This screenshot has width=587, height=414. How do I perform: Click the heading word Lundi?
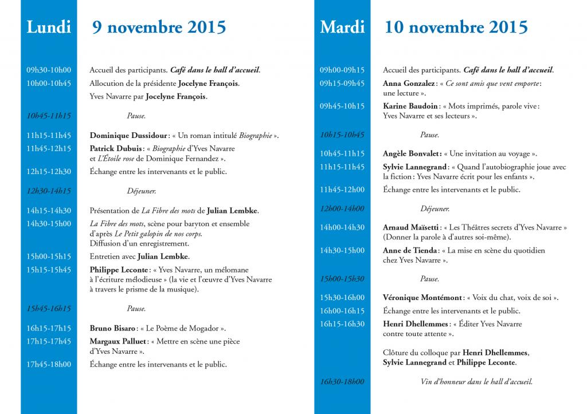pyautogui.click(x=49, y=27)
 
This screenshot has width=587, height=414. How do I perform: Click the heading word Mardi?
pyautogui.click(x=342, y=27)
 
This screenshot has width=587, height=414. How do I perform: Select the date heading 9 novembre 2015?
pyautogui.click(x=159, y=27)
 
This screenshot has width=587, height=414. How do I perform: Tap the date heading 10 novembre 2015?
pyautogui.click(x=456, y=27)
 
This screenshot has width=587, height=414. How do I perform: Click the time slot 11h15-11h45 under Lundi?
pyautogui.click(x=49, y=136)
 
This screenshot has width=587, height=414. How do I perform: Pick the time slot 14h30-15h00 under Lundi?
pyautogui.click(x=49, y=223)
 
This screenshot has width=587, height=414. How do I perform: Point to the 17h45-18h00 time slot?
pyautogui.click(x=49, y=364)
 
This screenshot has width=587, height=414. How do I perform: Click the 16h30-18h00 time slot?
pyautogui.click(x=342, y=381)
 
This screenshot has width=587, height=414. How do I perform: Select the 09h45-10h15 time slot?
pyautogui.click(x=342, y=106)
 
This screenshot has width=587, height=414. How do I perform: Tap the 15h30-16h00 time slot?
pyautogui.click(x=342, y=297)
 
